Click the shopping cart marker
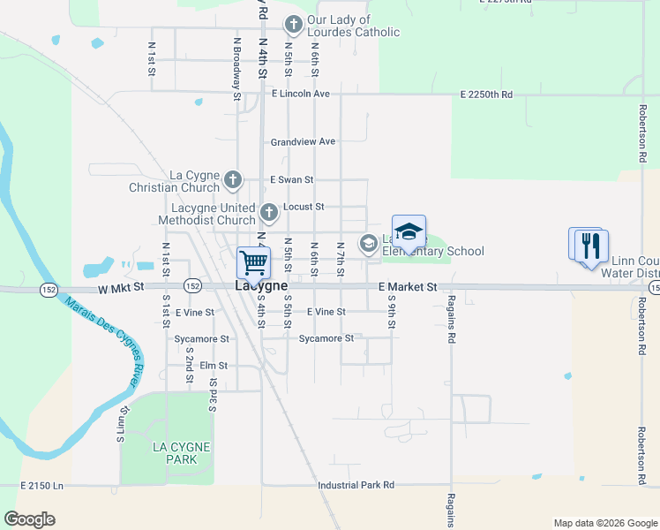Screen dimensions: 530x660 253,262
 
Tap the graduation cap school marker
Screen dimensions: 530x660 409,232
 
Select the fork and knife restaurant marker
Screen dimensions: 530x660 590,246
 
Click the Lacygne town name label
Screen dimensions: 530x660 261,286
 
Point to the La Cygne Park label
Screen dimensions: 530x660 181,452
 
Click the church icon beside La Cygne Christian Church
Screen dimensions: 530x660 232,181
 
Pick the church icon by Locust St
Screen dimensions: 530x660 270,213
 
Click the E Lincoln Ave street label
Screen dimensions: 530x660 300,94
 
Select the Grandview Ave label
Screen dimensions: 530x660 303,141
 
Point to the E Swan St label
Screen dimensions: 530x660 291,179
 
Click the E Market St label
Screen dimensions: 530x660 408,287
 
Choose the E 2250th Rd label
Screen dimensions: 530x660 486,94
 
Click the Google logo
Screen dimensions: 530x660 29,519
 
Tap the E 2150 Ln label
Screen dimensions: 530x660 42,486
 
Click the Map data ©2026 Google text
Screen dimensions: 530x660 604,523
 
